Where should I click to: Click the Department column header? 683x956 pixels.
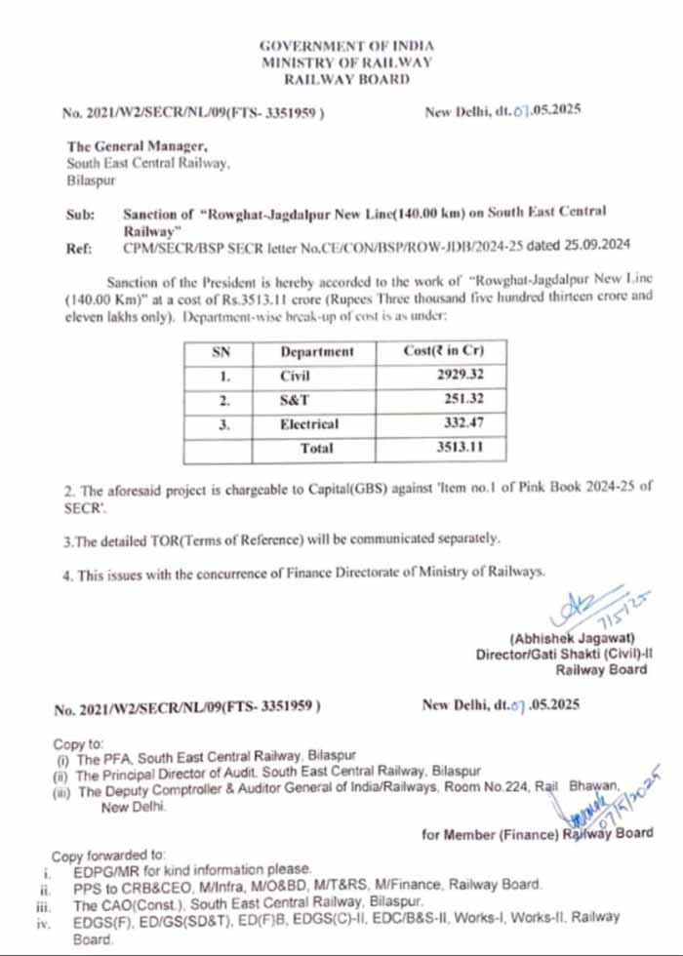[317, 351]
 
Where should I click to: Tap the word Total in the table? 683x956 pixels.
[316, 449]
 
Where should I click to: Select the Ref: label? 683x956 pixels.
[79, 248]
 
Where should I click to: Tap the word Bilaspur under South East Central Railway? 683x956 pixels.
[91, 181]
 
